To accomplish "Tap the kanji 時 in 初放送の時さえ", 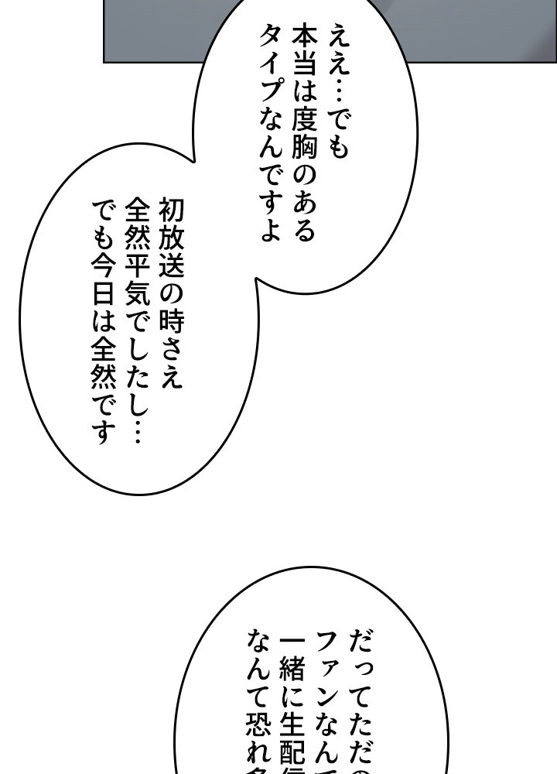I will (x=171, y=325).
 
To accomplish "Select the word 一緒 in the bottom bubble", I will (x=294, y=666).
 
